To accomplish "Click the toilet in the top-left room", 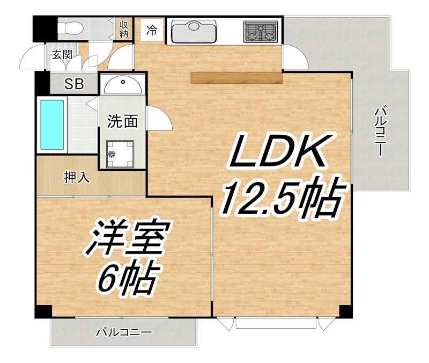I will point(72,27).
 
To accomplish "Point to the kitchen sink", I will point(193,32).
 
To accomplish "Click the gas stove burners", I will point(261,32).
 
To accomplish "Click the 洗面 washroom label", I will point(123,121).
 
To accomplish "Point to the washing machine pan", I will point(119,155).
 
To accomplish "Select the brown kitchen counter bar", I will point(236,78).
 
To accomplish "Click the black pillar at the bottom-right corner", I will point(346,310).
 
